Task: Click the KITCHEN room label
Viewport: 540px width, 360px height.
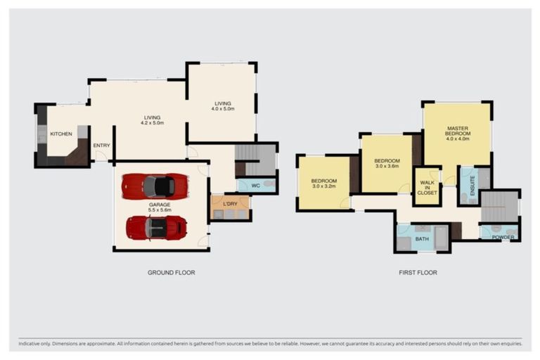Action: point(61,134)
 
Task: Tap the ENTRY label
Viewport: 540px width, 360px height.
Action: point(101,146)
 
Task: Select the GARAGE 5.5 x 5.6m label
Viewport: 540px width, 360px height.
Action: point(160,207)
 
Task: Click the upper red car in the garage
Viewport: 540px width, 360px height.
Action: point(155,186)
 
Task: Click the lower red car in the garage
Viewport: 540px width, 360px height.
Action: point(157,228)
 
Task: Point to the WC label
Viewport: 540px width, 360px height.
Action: point(255,186)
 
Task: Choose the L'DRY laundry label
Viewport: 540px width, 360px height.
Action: point(230,204)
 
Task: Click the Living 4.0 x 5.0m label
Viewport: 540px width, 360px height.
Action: point(223,106)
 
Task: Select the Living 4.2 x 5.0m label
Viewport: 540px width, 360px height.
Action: point(152,120)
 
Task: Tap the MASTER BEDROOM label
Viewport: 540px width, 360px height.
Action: point(458,134)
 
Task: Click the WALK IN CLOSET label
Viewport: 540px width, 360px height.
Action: point(427,188)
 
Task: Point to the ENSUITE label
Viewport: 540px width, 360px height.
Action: point(472,186)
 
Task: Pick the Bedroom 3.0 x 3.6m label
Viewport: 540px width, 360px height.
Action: point(387,163)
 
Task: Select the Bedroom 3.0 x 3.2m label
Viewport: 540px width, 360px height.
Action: point(324,184)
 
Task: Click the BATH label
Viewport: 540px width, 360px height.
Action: point(422,239)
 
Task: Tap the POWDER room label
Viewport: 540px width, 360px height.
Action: point(503,238)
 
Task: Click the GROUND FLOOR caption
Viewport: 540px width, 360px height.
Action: point(171,273)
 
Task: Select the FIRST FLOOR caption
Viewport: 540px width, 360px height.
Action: point(418,273)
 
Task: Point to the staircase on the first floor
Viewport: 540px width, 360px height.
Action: point(499,207)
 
